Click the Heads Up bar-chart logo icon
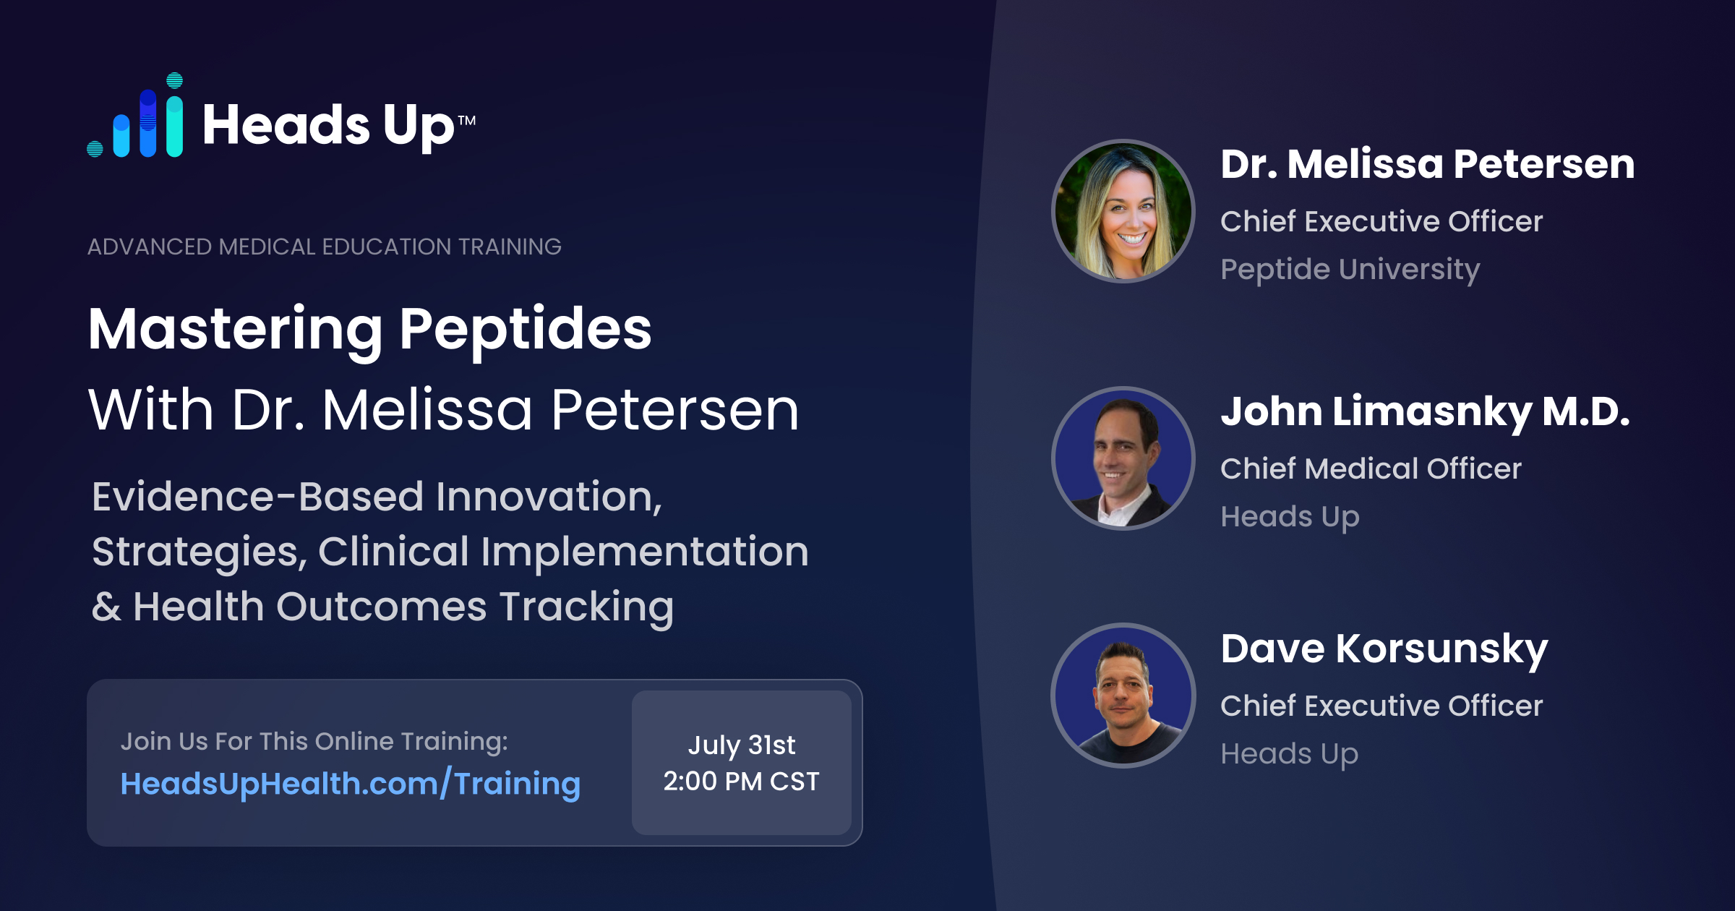[x=135, y=116]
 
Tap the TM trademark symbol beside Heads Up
[x=467, y=120]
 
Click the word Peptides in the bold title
[x=526, y=330]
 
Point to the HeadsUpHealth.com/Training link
[x=351, y=784]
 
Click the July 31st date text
[x=742, y=745]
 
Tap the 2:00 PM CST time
[x=742, y=782]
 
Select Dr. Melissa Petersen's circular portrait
[x=1123, y=211]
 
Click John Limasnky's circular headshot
[x=1123, y=458]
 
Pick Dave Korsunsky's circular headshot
[x=1123, y=696]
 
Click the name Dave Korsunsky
[x=1384, y=649]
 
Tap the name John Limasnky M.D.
[x=1426, y=412]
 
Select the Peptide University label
[x=1350, y=270]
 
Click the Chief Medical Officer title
[x=1371, y=469]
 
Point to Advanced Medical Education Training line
[x=325, y=247]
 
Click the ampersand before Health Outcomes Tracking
[x=106, y=607]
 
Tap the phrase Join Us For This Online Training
[x=314, y=742]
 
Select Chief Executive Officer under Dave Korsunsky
[x=1381, y=706]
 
